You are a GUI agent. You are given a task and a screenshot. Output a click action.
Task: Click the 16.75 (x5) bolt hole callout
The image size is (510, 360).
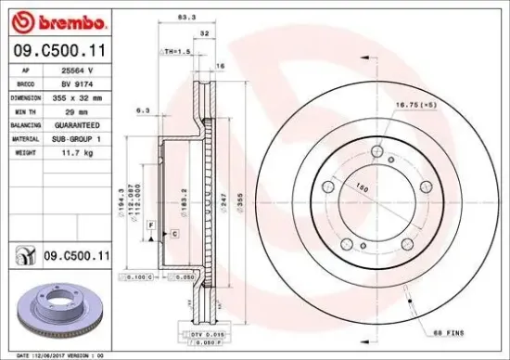point(416,106)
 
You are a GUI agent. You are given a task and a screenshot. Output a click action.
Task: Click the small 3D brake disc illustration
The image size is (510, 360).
point(61,311)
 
